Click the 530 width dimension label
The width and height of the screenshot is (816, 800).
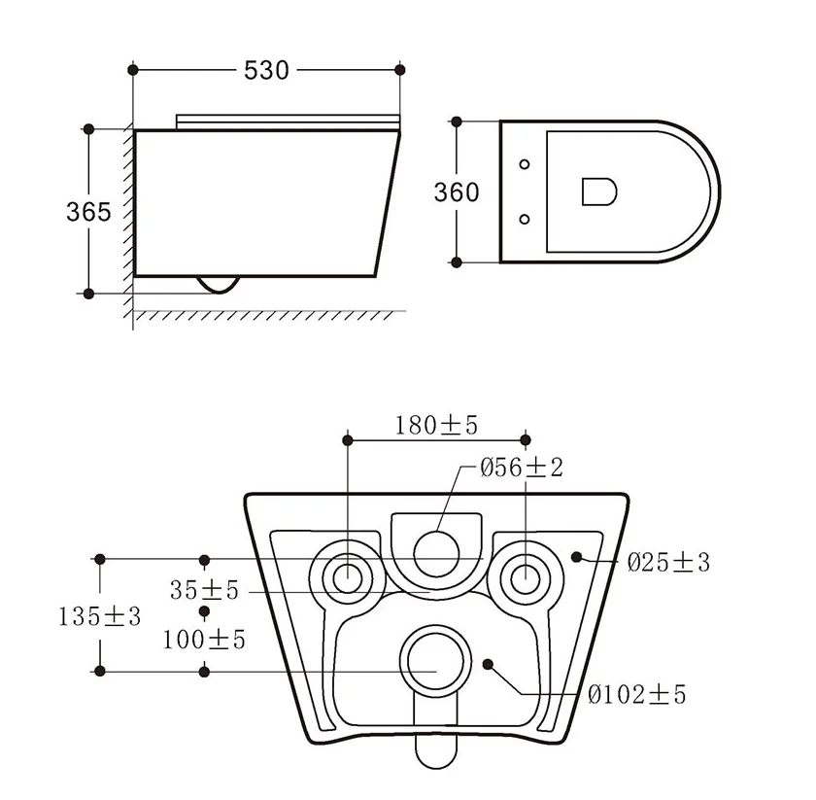(x=266, y=70)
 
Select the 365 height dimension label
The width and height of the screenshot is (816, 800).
(x=88, y=211)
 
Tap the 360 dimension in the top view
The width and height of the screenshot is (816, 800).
(x=457, y=192)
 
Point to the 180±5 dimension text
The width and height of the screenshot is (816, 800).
(x=436, y=425)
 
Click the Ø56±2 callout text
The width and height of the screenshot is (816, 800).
(x=522, y=468)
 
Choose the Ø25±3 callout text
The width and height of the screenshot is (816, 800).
(x=668, y=562)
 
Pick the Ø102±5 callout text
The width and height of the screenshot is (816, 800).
(x=637, y=694)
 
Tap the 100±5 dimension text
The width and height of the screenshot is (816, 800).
(x=204, y=640)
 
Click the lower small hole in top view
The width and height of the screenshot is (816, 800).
(x=525, y=220)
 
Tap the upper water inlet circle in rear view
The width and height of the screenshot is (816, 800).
(x=436, y=553)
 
